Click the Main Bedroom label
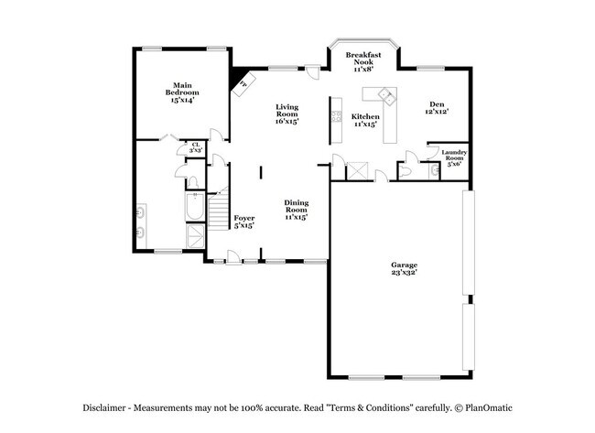182,92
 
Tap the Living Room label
287,114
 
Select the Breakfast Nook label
363,62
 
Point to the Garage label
404,268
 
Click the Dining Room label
296,210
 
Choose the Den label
437,108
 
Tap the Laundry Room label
454,157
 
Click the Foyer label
244,222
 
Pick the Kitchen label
365,120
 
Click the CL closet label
196,147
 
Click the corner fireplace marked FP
243,84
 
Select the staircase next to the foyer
218,209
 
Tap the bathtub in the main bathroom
195,206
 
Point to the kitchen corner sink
387,95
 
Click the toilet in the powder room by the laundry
405,171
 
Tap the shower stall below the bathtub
195,236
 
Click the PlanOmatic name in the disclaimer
489,408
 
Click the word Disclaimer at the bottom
104,408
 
